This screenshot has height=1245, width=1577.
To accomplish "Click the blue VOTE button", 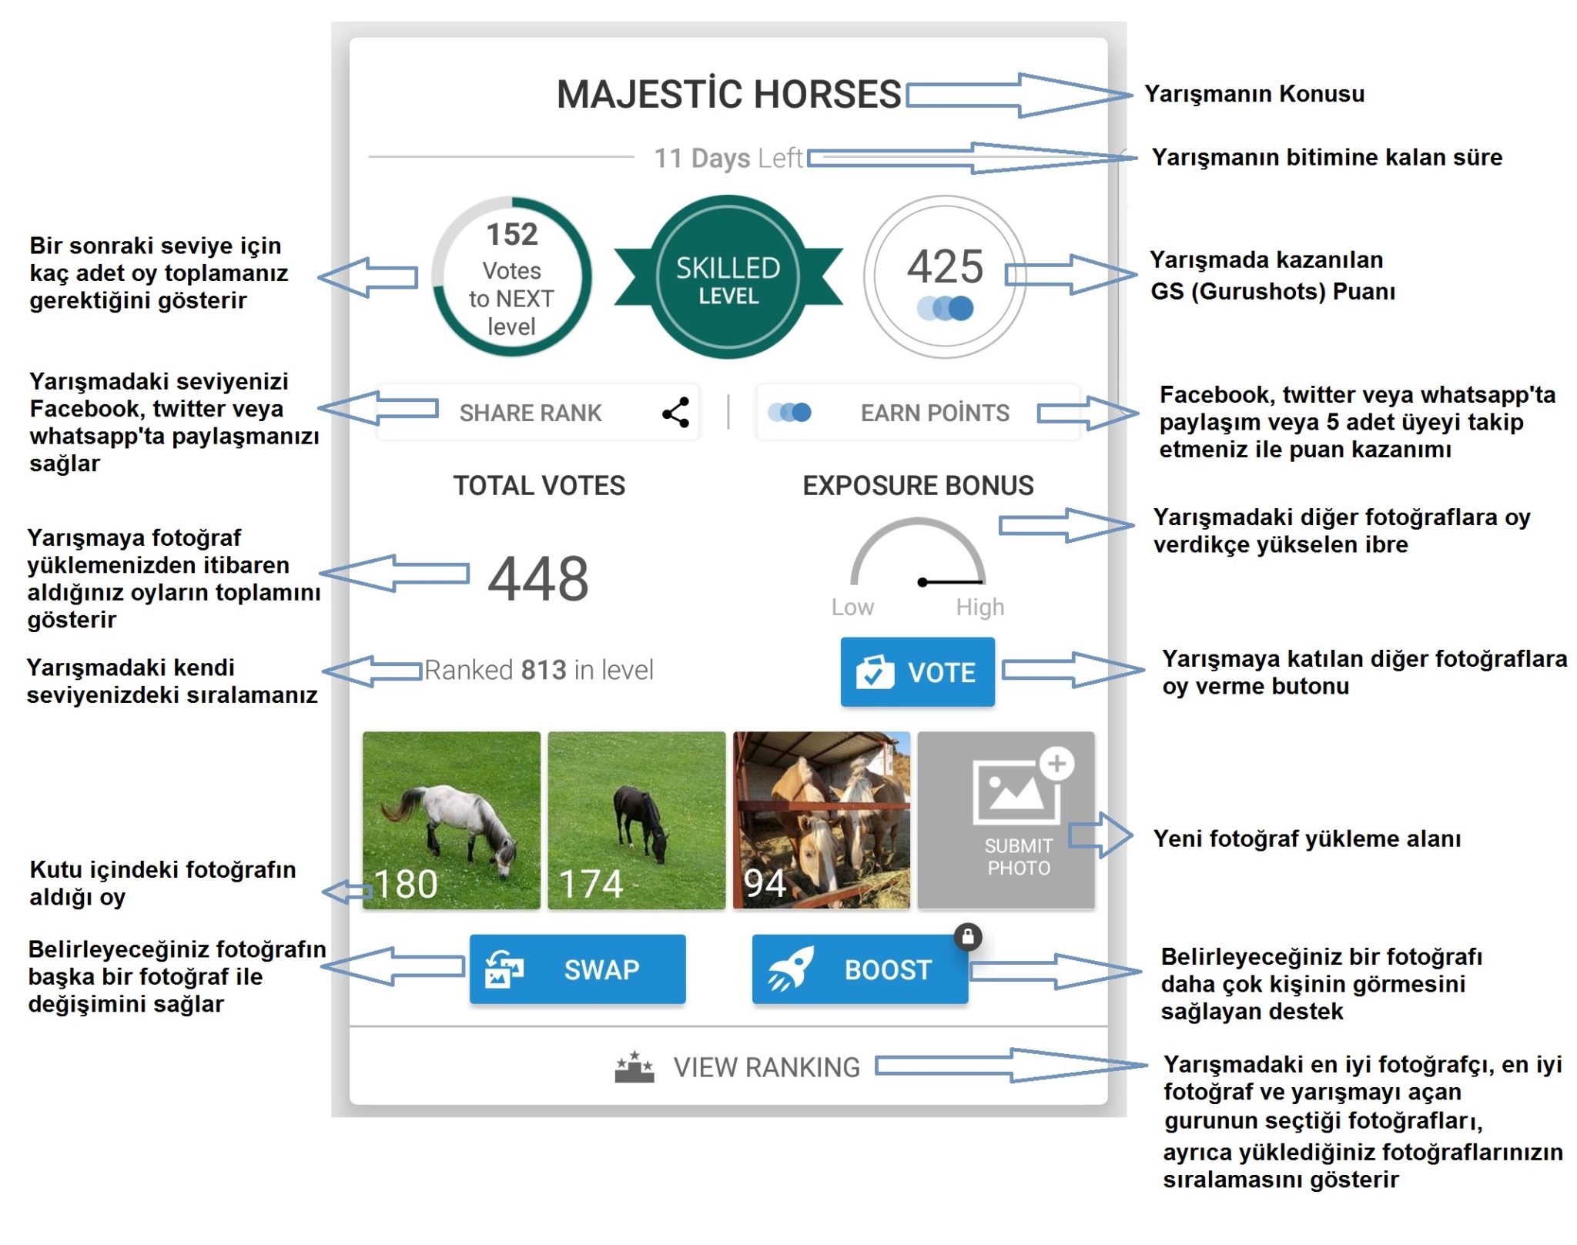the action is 917,671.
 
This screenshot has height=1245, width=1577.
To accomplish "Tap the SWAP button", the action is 578,969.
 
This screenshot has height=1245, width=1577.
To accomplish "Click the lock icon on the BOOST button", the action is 968,936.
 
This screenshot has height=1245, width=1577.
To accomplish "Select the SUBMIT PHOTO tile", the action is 1006,820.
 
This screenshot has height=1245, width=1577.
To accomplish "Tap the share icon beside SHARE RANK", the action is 675,413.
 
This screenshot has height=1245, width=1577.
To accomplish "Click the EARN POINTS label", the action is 935,413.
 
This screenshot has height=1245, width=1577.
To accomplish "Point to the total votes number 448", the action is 538,578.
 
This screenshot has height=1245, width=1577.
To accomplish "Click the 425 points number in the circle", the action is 945,266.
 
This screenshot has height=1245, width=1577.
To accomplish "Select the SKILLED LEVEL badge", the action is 728,277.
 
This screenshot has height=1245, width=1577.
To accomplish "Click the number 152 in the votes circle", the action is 512,234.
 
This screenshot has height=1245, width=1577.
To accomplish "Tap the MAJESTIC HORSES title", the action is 728,94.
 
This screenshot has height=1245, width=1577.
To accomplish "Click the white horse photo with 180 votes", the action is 451,820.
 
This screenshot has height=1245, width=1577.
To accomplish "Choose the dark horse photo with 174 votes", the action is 637,820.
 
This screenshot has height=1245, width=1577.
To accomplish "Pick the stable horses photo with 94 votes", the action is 822,820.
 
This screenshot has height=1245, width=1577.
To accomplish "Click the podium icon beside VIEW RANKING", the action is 634,1067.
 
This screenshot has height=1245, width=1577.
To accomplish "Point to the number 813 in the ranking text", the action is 544,670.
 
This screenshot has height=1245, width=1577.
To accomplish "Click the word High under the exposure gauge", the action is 980,607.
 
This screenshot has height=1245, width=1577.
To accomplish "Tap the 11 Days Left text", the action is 728,158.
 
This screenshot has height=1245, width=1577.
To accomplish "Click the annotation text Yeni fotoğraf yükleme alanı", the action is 1307,838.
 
